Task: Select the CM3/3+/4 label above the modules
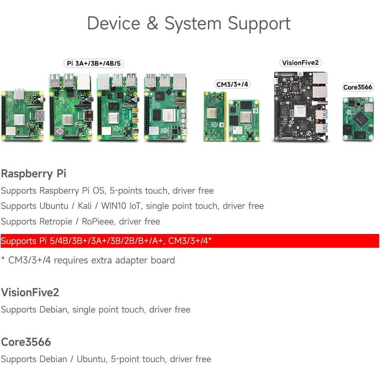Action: (x=232, y=84)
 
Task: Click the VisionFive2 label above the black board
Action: (x=300, y=63)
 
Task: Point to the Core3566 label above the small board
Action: (x=358, y=87)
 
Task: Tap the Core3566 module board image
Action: (x=358, y=119)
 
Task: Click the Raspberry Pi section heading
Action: (x=34, y=174)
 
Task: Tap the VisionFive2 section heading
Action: (x=30, y=293)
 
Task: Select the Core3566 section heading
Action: (x=26, y=342)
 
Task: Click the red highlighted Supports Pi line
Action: (x=107, y=241)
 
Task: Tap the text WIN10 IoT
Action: (x=120, y=206)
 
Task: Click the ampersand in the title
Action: (x=152, y=23)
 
